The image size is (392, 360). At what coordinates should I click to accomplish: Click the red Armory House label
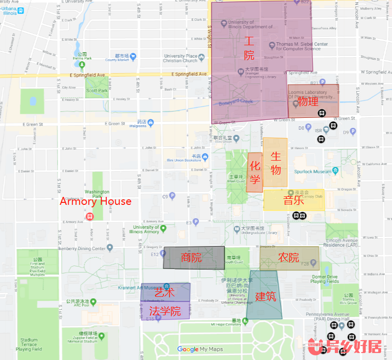point(95,201)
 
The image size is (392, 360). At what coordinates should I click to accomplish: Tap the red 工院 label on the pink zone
point(249,48)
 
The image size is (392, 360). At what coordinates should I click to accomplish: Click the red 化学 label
point(254,173)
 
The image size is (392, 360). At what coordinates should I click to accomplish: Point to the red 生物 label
point(276,163)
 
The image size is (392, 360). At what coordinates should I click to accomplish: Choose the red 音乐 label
point(294,200)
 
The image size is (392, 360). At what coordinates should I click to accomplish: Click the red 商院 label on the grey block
point(191,258)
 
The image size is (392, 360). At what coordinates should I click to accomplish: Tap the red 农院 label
point(289,258)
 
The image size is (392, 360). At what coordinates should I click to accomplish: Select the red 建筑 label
point(265,296)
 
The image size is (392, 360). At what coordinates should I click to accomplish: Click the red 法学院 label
point(165,311)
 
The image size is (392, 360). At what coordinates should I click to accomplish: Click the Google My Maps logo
point(200,350)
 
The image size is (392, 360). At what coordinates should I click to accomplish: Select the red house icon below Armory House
point(90,217)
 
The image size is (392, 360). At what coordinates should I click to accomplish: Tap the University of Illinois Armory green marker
point(163,228)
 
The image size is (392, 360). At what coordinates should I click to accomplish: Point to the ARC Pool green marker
point(93,302)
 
